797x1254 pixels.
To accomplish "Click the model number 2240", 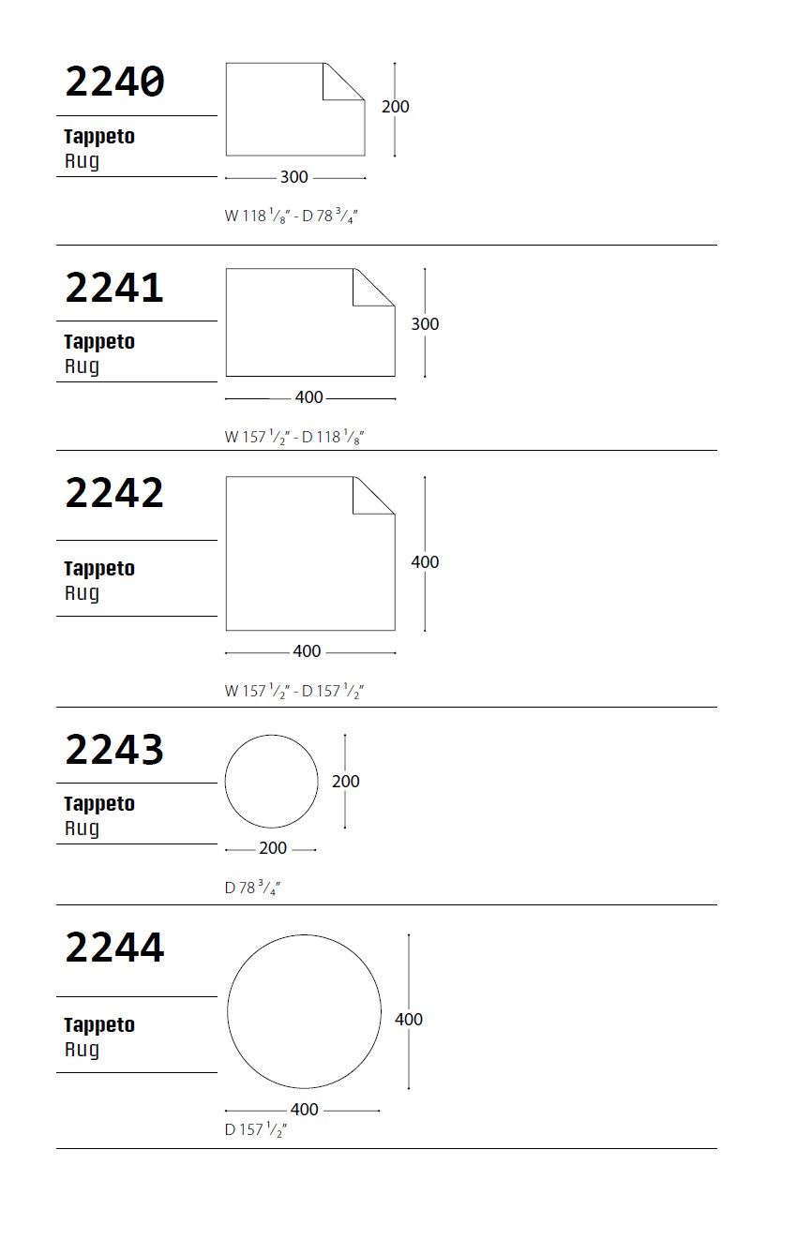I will point(114,82).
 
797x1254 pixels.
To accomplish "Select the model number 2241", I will point(114,287).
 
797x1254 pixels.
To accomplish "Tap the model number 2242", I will point(114,493).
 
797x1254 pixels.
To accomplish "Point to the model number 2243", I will point(114,750).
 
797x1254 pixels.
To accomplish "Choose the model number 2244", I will point(114,948).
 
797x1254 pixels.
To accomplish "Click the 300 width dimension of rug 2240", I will point(294,177).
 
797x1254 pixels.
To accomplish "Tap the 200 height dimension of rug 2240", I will point(395,107).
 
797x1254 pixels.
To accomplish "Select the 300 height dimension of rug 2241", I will point(425,324).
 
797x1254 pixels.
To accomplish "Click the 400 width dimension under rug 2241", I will point(308,397).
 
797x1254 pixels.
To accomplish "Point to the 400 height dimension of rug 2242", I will point(425,562).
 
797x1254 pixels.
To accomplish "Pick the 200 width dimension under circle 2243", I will point(272,849).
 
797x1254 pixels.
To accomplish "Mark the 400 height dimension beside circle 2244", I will point(409,1020).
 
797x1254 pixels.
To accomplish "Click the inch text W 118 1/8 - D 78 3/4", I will point(292,216).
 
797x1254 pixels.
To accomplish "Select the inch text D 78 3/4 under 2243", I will point(252,888).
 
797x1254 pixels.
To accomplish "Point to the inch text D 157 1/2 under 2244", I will point(255,1130).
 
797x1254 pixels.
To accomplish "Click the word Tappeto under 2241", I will point(99,342).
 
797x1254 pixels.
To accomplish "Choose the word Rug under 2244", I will point(82,1050).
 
